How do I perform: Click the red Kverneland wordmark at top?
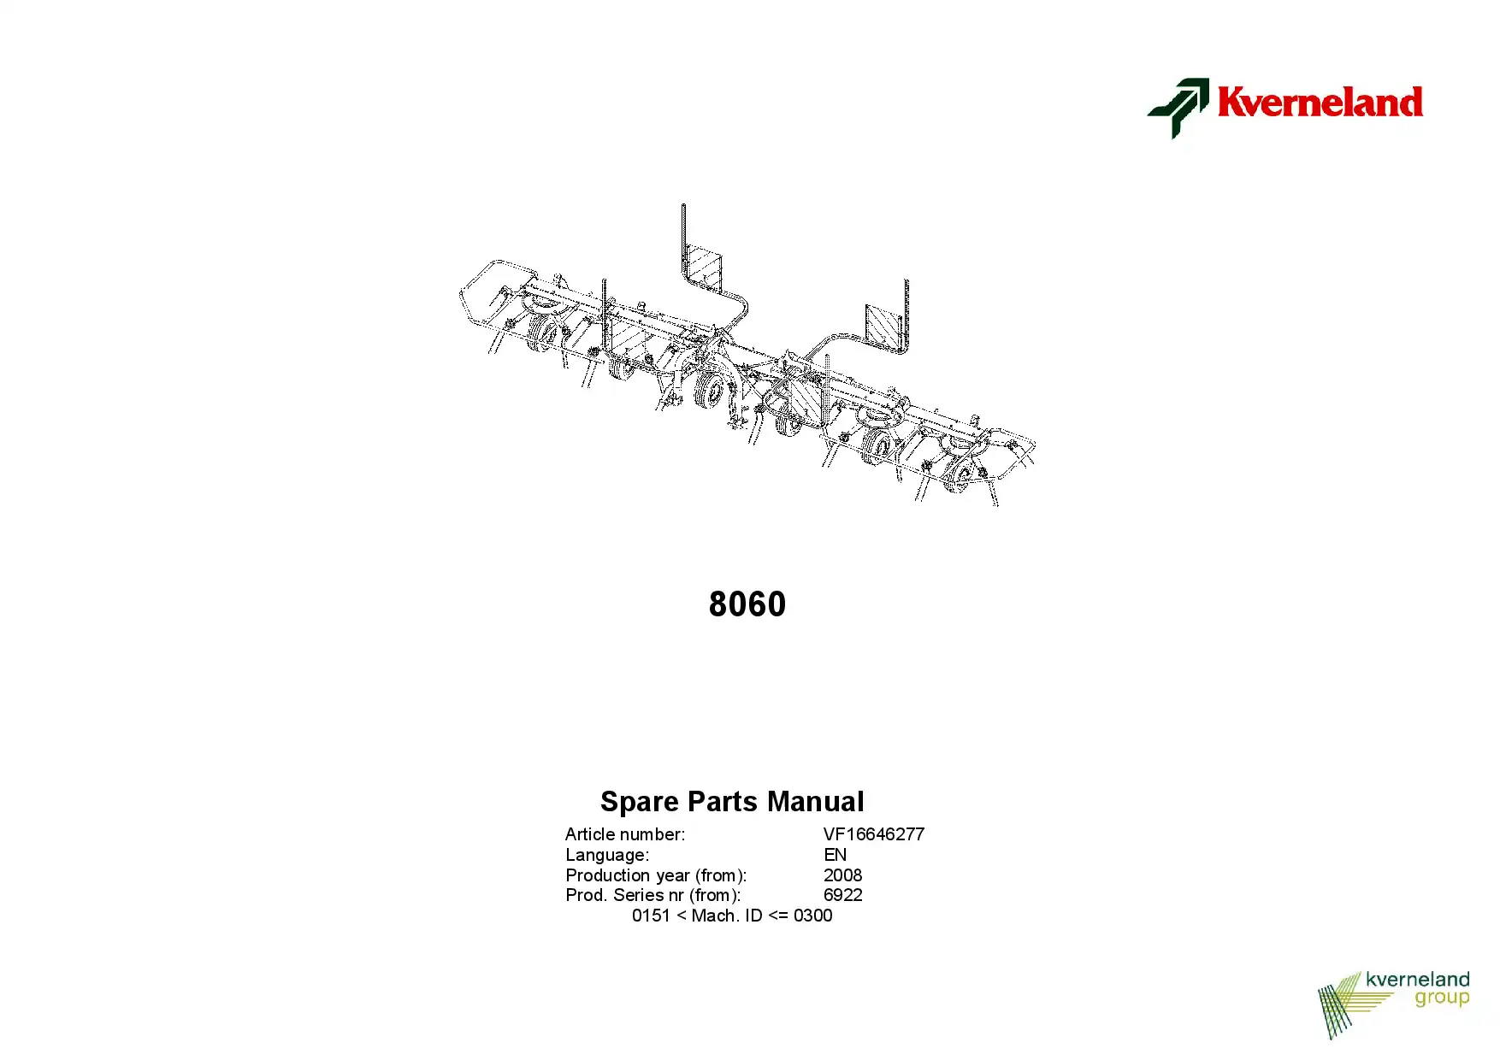point(1320,102)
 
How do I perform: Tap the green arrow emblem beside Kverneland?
point(1178,108)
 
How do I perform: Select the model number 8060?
point(747,604)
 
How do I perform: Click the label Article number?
point(625,834)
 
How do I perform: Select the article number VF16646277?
point(874,834)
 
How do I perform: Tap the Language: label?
point(607,855)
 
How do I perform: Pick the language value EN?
point(835,855)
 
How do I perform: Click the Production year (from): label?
point(656,875)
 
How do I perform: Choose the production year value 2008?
point(843,875)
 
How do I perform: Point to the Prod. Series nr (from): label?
point(653,895)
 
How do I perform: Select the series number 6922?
point(843,895)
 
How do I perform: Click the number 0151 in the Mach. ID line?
point(651,916)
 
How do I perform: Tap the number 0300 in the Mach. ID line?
point(813,916)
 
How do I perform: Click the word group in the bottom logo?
point(1442,998)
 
